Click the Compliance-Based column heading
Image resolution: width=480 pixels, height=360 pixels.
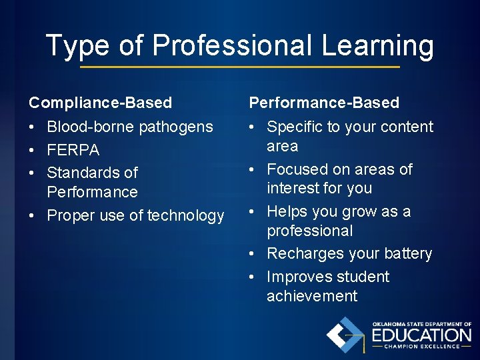pyautogui.click(x=100, y=103)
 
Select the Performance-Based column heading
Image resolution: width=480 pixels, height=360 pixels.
pyautogui.click(x=324, y=103)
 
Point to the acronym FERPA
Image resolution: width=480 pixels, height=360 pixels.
pyautogui.click(x=73, y=150)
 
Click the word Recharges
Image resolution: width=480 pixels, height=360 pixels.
pyautogui.click(x=304, y=254)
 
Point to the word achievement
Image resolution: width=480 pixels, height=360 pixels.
pyautogui.click(x=312, y=296)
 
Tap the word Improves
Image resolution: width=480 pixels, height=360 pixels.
pyautogui.click(x=298, y=277)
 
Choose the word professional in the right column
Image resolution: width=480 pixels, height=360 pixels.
pyautogui.click(x=310, y=231)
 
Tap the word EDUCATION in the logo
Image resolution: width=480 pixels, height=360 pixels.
pyautogui.click(x=421, y=334)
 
